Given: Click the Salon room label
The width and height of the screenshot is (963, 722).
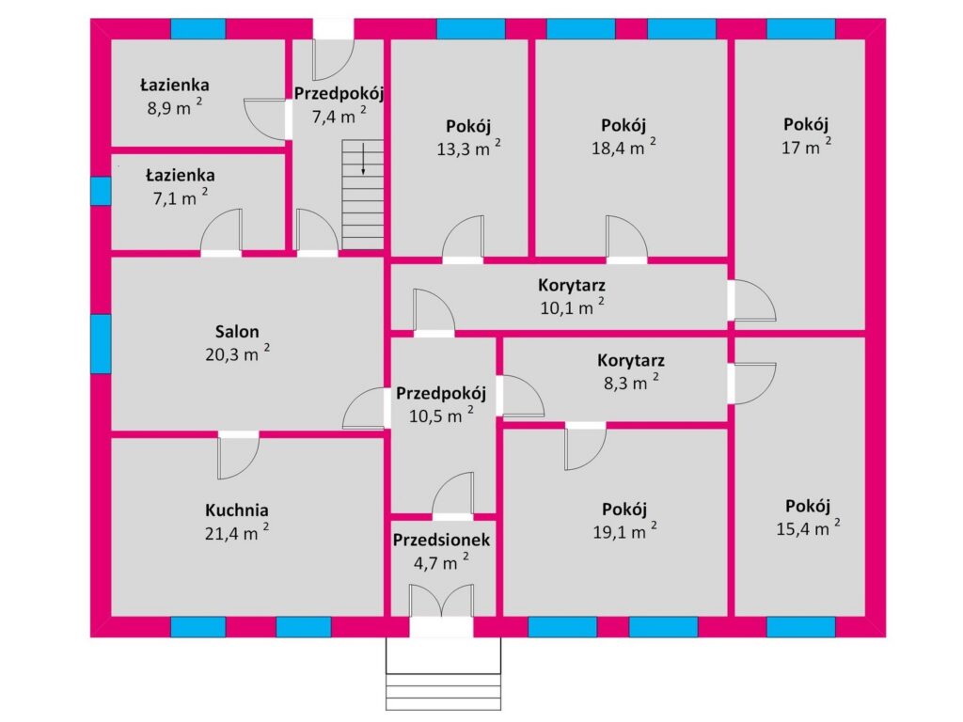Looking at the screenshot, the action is [x=236, y=332].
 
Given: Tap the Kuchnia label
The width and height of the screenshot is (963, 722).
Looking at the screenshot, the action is [x=236, y=510].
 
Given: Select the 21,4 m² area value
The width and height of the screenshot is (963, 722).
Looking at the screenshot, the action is [x=236, y=532].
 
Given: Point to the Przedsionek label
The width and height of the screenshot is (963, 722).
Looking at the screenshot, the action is [x=441, y=541].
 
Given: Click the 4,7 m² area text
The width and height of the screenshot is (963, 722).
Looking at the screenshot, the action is [x=441, y=562].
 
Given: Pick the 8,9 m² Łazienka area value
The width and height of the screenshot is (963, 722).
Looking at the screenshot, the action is [x=174, y=107].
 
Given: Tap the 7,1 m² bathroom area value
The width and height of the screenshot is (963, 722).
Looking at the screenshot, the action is [x=180, y=197].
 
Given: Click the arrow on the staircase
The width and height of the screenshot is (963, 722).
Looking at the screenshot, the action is [x=363, y=158].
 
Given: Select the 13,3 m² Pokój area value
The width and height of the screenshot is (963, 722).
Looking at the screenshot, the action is [x=468, y=148].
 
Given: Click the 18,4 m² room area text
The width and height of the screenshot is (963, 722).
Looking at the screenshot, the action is [x=624, y=147].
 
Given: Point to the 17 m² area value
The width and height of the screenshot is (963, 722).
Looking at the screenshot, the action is [x=806, y=146].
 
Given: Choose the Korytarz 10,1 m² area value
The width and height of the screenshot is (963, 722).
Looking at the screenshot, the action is [x=572, y=306].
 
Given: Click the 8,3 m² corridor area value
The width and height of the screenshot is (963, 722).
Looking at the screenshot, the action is [x=631, y=383].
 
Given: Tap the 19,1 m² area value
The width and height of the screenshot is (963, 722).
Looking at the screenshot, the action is [x=624, y=531].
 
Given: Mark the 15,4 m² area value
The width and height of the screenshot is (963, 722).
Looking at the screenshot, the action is [x=808, y=527].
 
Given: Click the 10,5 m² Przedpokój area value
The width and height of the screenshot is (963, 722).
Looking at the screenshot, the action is [x=441, y=415].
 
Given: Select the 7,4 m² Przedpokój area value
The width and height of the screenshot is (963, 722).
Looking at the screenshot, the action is [x=339, y=116].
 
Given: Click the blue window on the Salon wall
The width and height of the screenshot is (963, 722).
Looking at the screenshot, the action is [x=101, y=344].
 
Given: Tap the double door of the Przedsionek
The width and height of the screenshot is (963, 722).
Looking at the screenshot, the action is [x=441, y=601].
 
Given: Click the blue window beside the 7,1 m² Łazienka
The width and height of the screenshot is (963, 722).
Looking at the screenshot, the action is [x=101, y=191].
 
